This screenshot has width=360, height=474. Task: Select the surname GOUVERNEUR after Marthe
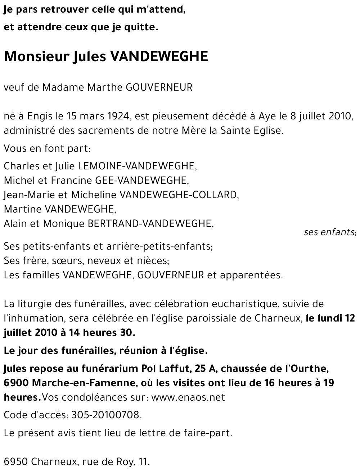(159, 87)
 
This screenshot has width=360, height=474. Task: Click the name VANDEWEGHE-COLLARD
(179, 195)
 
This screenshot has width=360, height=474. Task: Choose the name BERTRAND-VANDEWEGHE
(150, 223)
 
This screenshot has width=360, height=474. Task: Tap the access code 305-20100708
(106, 415)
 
